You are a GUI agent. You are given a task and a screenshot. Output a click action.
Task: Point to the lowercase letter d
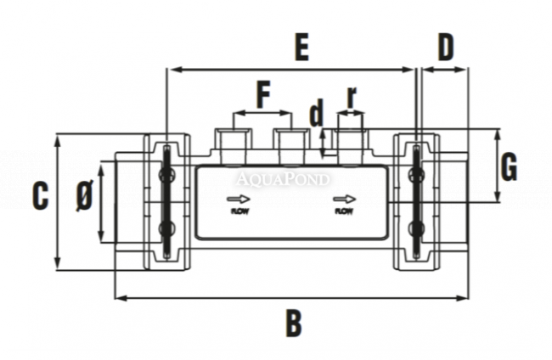pos(317,112)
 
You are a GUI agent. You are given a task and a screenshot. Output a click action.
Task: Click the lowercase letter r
pos(351,97)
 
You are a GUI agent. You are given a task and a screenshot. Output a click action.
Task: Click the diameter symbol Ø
pos(83,198)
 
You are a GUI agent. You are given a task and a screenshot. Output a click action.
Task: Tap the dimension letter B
pos(293,323)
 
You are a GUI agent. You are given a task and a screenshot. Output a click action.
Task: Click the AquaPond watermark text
pos(283,179)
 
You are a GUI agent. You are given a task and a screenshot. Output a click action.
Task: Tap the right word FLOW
pos(344,211)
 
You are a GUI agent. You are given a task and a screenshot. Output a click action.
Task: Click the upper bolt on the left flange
pos(166,175)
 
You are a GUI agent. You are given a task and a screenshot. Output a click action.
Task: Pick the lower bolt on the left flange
pos(166,228)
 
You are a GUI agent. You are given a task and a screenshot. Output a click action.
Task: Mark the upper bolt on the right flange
pos(416,175)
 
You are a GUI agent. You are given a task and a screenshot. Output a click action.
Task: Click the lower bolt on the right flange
pos(416,228)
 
